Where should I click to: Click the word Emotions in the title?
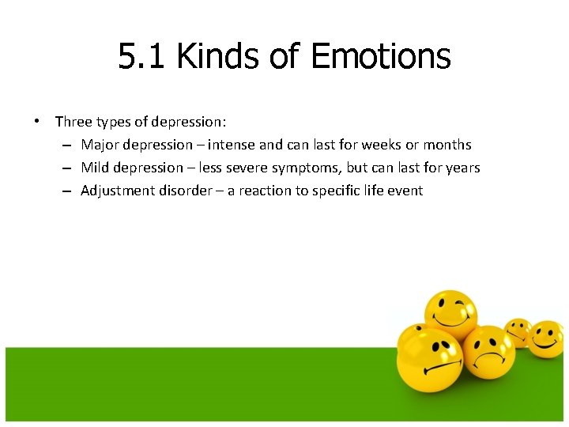pos(381,57)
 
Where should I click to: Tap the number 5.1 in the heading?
pos(143,57)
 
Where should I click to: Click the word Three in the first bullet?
pos(73,122)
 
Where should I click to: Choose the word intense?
pos(231,145)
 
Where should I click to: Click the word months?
pos(447,145)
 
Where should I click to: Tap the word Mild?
pos(95,168)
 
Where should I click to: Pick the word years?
pos(461,168)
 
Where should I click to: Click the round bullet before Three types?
pos(36,122)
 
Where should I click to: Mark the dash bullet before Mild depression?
pos(68,168)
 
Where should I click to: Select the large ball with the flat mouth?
pos(429,357)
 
